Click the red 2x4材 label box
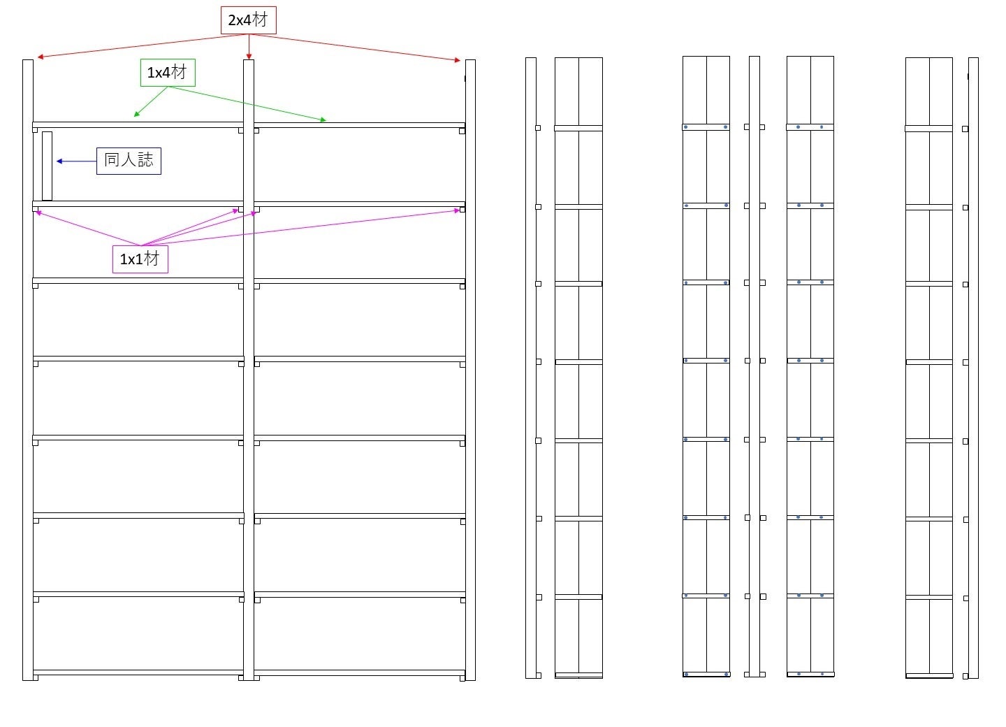pyautogui.click(x=248, y=20)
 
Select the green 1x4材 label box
pyautogui.click(x=168, y=73)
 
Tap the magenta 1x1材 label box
pyautogui.click(x=140, y=259)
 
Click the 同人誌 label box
pyautogui.click(x=129, y=161)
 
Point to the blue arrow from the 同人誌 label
pyautogui.click(x=76, y=161)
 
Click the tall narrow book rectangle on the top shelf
pyautogui.click(x=47, y=166)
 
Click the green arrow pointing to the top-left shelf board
pyautogui.click(x=150, y=101)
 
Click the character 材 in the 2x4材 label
pyautogui.click(x=260, y=20)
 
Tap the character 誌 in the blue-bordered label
pyautogui.click(x=145, y=160)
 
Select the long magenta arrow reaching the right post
pyautogui.click(x=300, y=227)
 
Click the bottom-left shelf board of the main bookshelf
pyautogui.click(x=138, y=672)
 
